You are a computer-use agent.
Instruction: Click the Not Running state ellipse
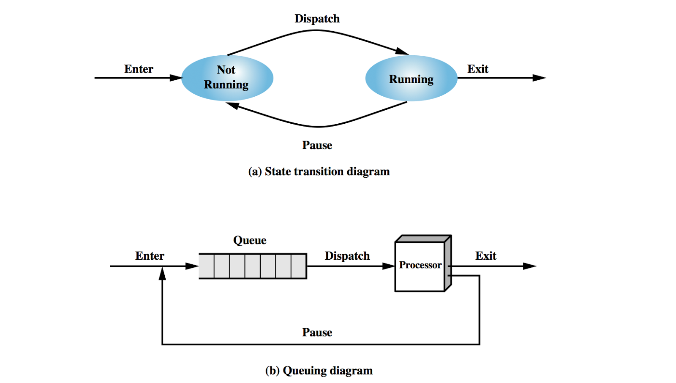pos(227,78)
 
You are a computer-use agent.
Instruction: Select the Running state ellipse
pos(411,79)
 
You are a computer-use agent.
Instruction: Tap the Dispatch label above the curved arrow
pos(317,19)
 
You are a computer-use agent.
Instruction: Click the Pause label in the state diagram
pos(317,145)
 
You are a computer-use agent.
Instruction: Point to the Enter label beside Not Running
pos(139,69)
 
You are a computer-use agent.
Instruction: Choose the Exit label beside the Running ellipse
pos(477,69)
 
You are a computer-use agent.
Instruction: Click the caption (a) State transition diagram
pos(319,171)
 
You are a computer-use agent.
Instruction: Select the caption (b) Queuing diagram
pos(319,371)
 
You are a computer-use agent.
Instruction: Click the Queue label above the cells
pos(250,240)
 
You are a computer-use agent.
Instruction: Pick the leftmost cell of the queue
pos(207,266)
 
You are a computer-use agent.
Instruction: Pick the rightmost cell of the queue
pos(299,266)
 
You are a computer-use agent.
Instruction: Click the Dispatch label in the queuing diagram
pos(347,256)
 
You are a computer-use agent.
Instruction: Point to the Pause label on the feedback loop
pos(317,332)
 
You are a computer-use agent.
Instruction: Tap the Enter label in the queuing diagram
pos(150,256)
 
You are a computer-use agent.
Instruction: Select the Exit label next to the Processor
pos(485,256)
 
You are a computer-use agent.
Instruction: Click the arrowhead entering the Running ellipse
pos(402,52)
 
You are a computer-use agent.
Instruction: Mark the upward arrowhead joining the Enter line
pos(162,274)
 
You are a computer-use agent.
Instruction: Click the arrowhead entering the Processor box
pos(388,266)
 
